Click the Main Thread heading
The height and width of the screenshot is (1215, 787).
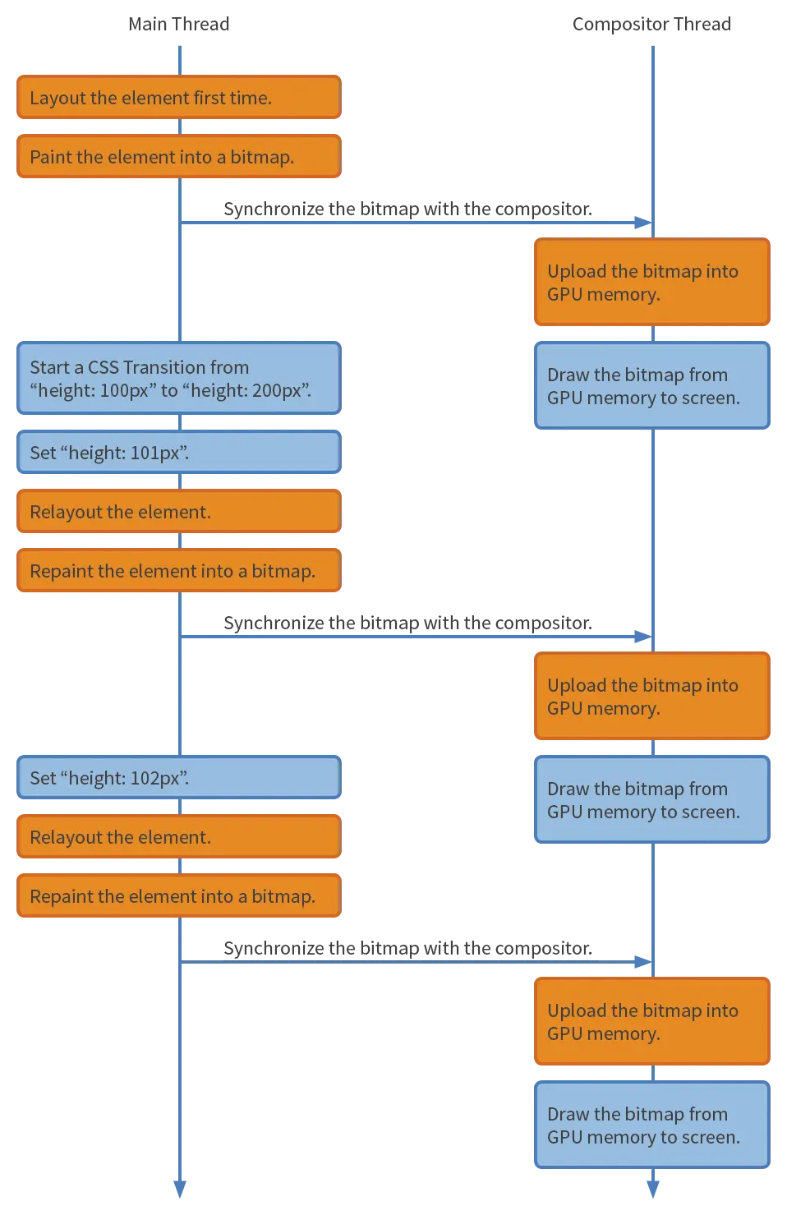[179, 25]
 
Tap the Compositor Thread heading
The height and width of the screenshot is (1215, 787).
[652, 25]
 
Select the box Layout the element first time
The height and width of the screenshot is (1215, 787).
[179, 97]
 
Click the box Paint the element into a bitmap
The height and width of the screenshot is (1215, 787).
[179, 156]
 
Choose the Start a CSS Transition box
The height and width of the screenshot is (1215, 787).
[179, 378]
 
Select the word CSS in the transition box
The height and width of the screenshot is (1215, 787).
[103, 367]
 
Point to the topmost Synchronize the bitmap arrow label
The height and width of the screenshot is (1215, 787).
[407, 209]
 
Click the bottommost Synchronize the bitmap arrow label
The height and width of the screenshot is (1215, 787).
[407, 948]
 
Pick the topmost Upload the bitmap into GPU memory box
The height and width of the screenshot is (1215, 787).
[652, 282]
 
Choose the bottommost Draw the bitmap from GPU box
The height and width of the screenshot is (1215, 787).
[652, 1125]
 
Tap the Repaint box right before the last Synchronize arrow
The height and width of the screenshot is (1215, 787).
[179, 895]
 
